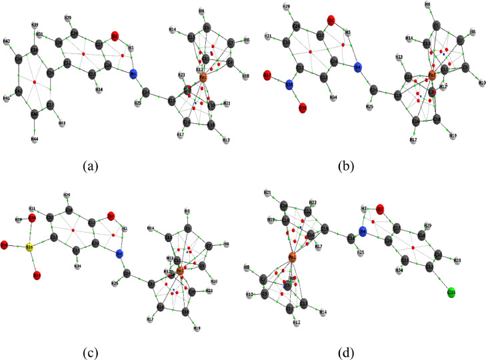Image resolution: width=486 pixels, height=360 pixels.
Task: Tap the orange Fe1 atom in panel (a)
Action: click(x=203, y=79)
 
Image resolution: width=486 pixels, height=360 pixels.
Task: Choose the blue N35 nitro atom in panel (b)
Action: click(x=289, y=85)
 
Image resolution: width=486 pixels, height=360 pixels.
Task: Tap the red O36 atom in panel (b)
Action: click(x=303, y=106)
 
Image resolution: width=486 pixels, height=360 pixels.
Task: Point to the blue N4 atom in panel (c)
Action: click(x=120, y=254)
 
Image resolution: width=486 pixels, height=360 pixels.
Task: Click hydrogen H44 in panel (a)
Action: click(x=34, y=139)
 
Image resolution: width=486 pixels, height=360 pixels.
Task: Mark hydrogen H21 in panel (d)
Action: click(x=267, y=193)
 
